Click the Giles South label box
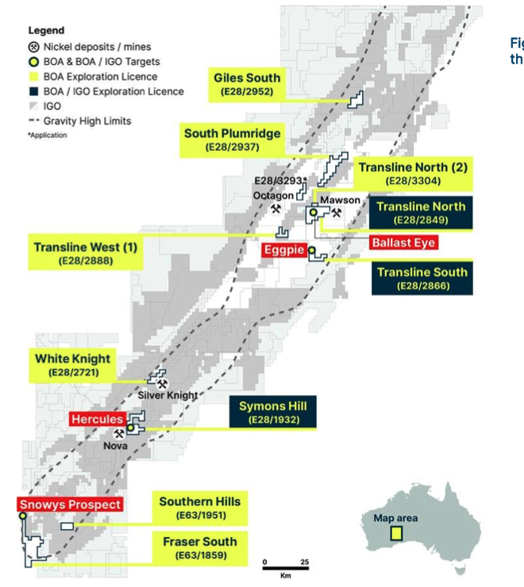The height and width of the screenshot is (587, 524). click(247, 85)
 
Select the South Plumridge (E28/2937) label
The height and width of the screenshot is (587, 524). click(232, 140)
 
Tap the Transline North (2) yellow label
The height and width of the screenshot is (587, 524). click(413, 174)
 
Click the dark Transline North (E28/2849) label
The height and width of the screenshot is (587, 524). click(421, 213)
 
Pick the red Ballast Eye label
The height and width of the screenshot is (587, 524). click(403, 243)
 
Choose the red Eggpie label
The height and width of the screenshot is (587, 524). click(284, 250)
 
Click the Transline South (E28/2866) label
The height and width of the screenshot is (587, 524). click(422, 278)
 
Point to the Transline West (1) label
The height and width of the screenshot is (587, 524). click(86, 253)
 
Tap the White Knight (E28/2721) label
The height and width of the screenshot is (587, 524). click(73, 366)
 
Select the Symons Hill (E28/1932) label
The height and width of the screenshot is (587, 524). click(273, 412)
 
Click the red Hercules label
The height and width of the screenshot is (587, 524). click(98, 419)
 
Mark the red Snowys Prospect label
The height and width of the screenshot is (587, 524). click(70, 505)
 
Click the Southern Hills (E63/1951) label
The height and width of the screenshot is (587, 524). click(200, 508)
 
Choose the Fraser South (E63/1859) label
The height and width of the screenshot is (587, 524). click(200, 548)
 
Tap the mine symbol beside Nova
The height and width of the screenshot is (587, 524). click(119, 434)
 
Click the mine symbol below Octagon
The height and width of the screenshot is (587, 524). click(275, 209)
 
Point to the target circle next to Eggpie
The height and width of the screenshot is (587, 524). click(312, 250)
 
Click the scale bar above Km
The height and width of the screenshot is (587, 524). click(286, 568)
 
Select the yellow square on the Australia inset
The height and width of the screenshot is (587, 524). click(396, 534)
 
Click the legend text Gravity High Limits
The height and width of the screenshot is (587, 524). click(87, 121)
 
